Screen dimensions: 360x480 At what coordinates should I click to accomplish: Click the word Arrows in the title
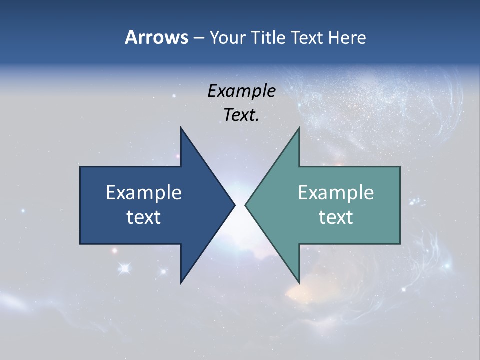click(156, 37)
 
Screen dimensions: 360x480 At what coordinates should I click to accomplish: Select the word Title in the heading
click(270, 37)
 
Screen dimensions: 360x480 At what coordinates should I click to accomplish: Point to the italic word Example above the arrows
click(241, 91)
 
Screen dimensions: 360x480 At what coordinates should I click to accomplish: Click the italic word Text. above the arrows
click(241, 115)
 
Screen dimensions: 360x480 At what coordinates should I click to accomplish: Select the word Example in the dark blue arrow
click(144, 192)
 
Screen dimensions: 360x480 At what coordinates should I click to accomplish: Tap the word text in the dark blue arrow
click(144, 217)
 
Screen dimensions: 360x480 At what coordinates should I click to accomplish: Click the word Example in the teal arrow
click(336, 192)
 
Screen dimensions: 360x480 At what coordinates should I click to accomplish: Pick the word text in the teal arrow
click(336, 217)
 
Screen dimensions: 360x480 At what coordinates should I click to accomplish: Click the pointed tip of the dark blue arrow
click(234, 205)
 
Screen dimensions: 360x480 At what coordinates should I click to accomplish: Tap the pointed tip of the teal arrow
click(246, 205)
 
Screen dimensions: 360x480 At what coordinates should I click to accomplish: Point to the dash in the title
click(198, 37)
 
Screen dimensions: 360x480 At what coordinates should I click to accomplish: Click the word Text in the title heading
click(308, 37)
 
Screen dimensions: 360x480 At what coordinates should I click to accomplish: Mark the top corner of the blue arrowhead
click(181, 128)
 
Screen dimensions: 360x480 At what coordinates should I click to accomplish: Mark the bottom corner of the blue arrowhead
click(181, 283)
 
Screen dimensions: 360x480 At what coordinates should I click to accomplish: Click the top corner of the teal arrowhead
click(299, 128)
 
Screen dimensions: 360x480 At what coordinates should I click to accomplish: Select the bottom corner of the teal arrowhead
click(299, 283)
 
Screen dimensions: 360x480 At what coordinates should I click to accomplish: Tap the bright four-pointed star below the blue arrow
click(124, 268)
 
